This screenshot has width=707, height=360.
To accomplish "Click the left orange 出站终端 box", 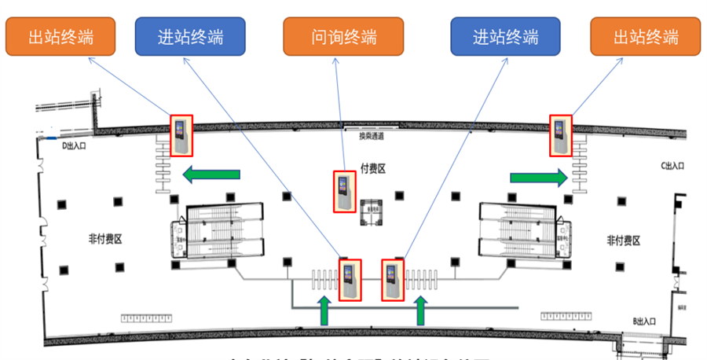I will [60, 37].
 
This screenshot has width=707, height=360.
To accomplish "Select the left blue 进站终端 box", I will [190, 37].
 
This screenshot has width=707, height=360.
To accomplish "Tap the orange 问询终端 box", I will [343, 37].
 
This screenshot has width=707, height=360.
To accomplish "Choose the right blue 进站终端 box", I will [505, 37].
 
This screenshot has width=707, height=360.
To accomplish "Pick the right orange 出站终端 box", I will [645, 37].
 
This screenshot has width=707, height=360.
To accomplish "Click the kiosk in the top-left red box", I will [181, 135].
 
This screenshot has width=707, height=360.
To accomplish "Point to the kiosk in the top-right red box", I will [560, 135].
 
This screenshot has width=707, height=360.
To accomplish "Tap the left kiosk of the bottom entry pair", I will [350, 279].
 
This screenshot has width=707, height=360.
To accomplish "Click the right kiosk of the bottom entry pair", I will [392, 279].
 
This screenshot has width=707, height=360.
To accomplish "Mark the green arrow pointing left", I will [211, 173].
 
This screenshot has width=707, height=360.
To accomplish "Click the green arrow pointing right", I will [538, 178].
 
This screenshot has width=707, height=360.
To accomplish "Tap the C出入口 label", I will [672, 166].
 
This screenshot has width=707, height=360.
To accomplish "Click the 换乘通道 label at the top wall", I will [371, 136].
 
